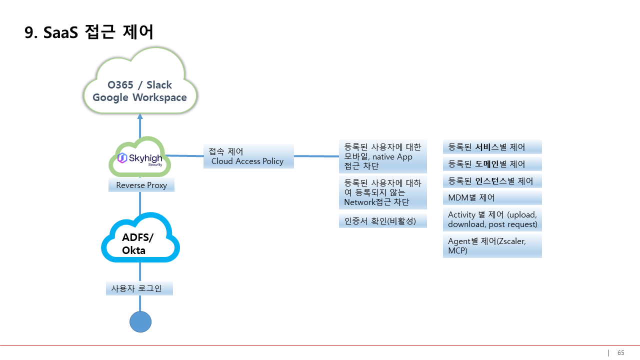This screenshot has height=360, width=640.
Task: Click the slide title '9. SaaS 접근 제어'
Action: tap(89, 32)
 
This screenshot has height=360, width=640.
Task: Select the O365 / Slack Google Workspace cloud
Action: tap(140, 91)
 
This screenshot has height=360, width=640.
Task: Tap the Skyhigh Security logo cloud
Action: tap(140, 158)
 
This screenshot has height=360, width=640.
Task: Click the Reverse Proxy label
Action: tap(141, 185)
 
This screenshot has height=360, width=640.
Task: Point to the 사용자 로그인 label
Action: tap(139, 288)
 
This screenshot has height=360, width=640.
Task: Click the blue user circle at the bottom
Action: tap(140, 321)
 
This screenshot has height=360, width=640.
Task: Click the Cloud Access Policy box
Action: tap(248, 156)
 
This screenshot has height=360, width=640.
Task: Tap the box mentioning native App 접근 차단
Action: tap(382, 156)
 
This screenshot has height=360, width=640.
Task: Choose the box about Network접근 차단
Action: tap(382, 192)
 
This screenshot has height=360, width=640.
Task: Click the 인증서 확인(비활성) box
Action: tap(382, 220)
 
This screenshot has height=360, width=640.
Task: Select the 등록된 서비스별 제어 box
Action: tap(492, 147)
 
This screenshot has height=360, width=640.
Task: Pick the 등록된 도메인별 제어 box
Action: tap(492, 164)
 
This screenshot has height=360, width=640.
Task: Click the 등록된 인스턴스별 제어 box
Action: tap(492, 181)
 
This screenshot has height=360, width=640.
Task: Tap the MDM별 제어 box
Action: tap(492, 198)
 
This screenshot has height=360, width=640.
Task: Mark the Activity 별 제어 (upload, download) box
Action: tap(492, 219)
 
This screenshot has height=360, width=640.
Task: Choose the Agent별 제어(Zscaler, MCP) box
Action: tap(492, 245)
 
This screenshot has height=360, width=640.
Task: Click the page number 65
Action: tap(620, 352)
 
